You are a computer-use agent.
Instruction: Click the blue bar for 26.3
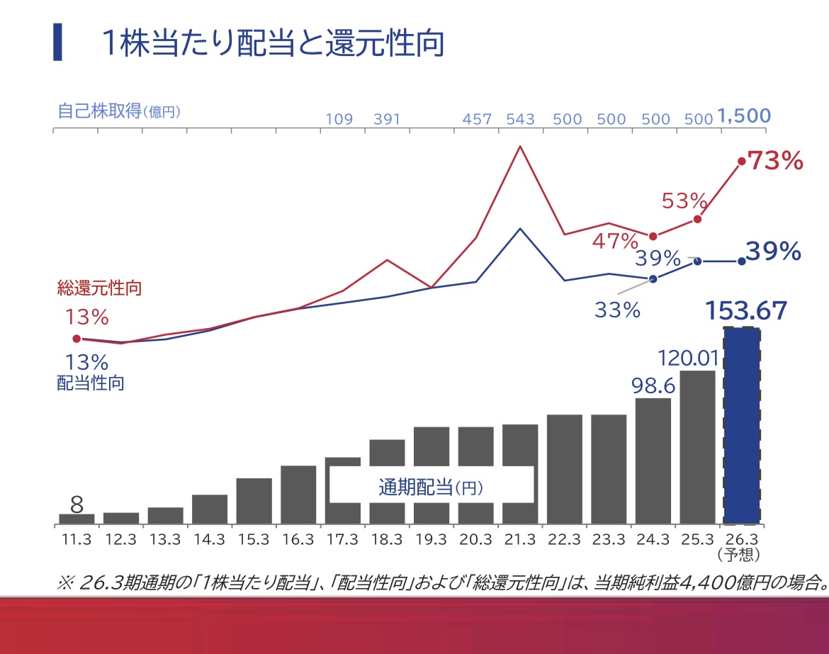[741, 425]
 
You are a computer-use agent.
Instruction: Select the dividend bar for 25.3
[697, 447]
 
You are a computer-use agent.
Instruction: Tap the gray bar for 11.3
[77, 519]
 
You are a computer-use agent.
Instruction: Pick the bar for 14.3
[210, 509]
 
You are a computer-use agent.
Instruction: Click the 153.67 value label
[746, 311]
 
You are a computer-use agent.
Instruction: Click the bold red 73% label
[776, 162]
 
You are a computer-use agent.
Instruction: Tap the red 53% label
[685, 201]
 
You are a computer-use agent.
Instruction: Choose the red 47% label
[616, 242]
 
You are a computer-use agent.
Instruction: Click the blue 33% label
[617, 310]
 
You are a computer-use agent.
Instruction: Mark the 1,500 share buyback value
[744, 116]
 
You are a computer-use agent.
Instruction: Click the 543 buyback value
[521, 118]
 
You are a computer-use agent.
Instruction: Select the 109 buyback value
[339, 118]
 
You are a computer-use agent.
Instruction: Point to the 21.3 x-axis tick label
[520, 540]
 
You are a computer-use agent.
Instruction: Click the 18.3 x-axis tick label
[387, 540]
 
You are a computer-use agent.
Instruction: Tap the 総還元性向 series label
[100, 288]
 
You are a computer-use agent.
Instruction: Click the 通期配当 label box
[431, 487]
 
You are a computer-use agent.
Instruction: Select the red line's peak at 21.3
[520, 147]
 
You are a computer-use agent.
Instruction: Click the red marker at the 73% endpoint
[742, 162]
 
